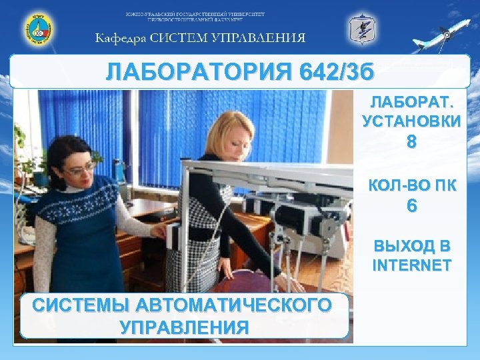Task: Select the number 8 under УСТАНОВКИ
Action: [x=411, y=143]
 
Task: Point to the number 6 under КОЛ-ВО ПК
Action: [x=411, y=207]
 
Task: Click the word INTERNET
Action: [x=411, y=266]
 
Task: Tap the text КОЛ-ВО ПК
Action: [x=412, y=186]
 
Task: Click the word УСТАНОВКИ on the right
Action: [x=411, y=121]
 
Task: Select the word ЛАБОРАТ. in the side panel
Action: [x=411, y=105]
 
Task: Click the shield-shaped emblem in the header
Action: [x=362, y=30]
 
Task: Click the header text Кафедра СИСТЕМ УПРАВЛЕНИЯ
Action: [x=201, y=38]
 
